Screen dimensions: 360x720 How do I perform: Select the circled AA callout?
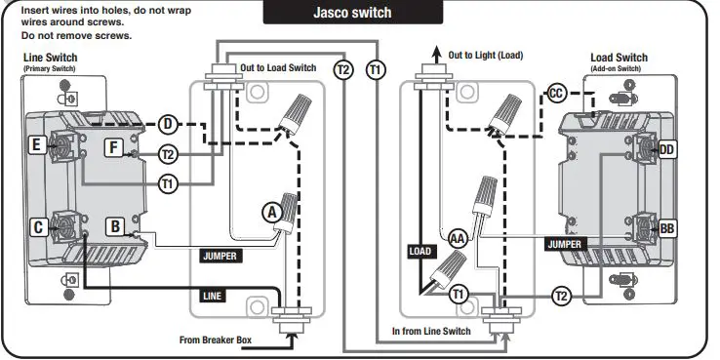pyautogui.click(x=456, y=237)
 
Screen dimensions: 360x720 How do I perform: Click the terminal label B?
pyautogui.click(x=114, y=226)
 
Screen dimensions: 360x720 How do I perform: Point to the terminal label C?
pyautogui.click(x=38, y=227)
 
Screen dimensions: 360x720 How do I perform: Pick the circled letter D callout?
pyautogui.click(x=168, y=124)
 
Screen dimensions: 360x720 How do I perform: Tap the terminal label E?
pyautogui.click(x=37, y=145)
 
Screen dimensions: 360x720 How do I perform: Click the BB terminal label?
pyautogui.click(x=667, y=228)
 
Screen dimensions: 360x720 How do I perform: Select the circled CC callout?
pyautogui.click(x=557, y=93)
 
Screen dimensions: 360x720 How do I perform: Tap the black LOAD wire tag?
pyautogui.click(x=419, y=252)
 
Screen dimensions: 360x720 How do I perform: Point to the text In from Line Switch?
pyautogui.click(x=431, y=332)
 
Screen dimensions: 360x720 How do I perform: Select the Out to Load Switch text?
pyautogui.click(x=279, y=67)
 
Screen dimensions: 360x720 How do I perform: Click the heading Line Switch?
pyautogui.click(x=50, y=58)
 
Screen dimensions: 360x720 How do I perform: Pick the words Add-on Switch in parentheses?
pyautogui.click(x=618, y=68)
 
